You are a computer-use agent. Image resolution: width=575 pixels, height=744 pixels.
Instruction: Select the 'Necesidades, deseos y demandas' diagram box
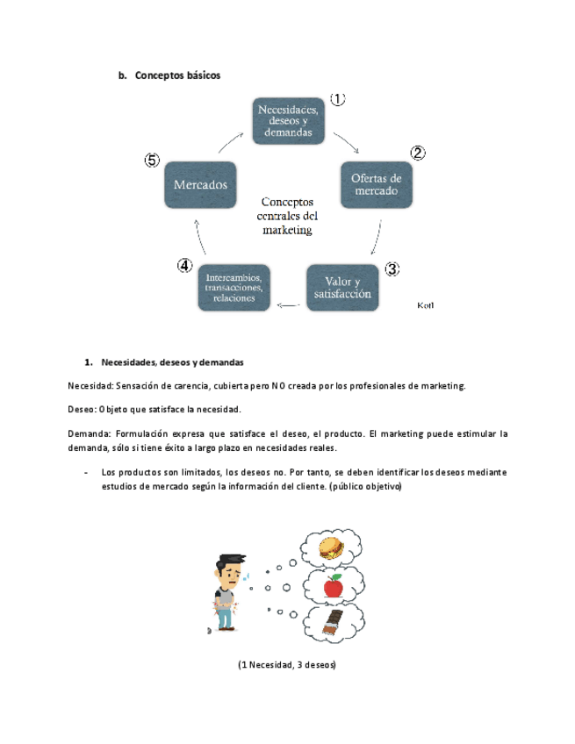click(287, 120)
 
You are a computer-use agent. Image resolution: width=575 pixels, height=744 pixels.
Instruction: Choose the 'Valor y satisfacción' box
click(345, 287)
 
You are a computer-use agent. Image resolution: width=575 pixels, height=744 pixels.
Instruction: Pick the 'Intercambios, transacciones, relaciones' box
click(234, 286)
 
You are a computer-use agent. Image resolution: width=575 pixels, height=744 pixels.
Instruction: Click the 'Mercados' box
click(201, 185)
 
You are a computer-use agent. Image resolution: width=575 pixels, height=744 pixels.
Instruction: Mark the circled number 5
click(152, 161)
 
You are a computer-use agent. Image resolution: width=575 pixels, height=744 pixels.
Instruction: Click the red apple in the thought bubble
click(333, 585)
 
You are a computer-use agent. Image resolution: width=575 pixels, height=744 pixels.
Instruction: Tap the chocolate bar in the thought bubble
click(331, 625)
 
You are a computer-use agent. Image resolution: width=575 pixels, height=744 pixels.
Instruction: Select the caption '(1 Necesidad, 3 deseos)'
click(287, 664)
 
